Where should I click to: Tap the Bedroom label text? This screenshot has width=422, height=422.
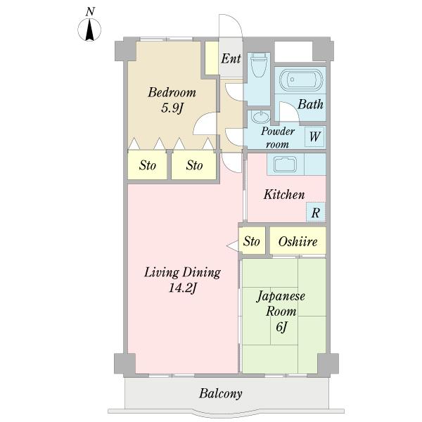[172, 92]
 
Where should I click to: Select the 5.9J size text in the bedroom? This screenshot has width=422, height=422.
[172, 108]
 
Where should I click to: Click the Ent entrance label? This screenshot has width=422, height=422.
[231, 58]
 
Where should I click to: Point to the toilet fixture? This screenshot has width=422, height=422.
[258, 65]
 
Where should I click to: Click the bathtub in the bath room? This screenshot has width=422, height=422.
[300, 79]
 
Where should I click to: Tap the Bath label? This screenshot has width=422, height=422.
[310, 104]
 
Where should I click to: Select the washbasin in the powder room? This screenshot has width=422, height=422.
[260, 117]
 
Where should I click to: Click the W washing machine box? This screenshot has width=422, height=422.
[315, 136]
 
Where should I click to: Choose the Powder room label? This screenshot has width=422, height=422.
[278, 138]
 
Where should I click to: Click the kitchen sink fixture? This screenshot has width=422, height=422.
[286, 164]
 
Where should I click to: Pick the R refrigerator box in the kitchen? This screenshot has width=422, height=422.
[316, 212]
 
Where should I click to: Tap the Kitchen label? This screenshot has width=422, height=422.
[284, 194]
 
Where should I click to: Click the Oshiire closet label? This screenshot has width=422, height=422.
[298, 241]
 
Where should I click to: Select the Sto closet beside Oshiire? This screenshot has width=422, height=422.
[252, 241]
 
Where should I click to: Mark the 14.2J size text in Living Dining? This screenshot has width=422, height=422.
[183, 288]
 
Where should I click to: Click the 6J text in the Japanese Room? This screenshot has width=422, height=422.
[281, 327]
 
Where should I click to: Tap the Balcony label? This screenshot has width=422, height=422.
[221, 394]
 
